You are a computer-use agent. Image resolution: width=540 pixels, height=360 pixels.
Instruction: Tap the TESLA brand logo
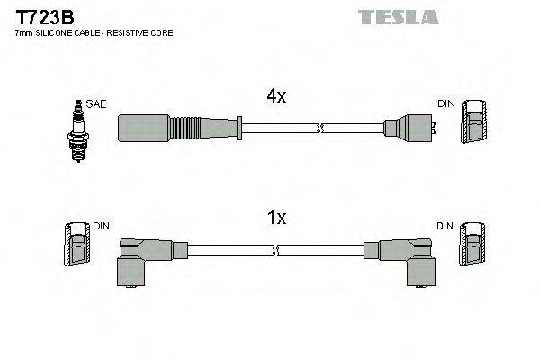(x=398, y=17)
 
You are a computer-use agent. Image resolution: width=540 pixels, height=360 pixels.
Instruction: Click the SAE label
(x=97, y=104)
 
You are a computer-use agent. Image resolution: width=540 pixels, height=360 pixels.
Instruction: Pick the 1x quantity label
(x=277, y=218)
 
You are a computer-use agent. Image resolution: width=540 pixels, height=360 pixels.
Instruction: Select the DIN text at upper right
(x=447, y=104)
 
